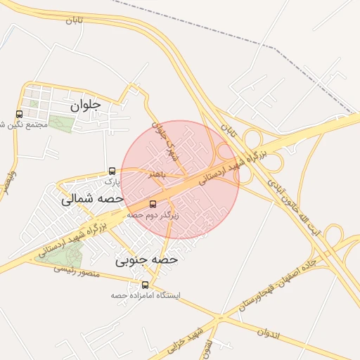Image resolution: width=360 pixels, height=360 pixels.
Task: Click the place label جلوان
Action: coord(86,105)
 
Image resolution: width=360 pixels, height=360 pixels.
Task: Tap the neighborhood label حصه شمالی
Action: coord(91,199)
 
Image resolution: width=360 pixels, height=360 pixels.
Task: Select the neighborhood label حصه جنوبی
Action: coord(147,259)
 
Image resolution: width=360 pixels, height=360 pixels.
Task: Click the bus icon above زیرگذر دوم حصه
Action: coord(153,204)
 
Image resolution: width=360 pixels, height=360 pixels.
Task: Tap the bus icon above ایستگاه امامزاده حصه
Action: coord(146,285)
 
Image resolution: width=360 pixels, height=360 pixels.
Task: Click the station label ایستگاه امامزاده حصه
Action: coord(146,295)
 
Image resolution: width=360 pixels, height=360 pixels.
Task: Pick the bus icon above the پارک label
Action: coord(112,171)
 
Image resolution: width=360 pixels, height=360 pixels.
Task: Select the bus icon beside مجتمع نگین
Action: coord(19,114)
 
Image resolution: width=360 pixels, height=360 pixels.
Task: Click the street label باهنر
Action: coord(156,174)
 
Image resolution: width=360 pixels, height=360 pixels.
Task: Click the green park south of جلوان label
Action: coord(60,124)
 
